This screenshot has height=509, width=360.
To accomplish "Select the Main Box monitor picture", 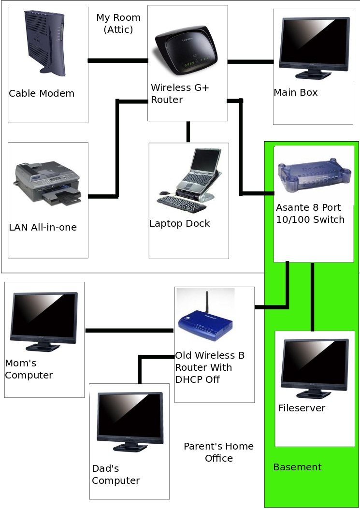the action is pos(315,48).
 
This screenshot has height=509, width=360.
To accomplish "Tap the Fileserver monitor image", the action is pos(316,369).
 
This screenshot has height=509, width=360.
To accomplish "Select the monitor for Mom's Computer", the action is pos(44,322).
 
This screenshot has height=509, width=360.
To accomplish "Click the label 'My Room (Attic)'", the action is pos(118,23).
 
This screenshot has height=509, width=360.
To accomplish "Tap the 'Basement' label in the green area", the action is pos(297,467).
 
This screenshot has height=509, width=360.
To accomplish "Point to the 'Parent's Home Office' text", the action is pos(219,452).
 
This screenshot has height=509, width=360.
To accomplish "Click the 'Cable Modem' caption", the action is pos(42,93).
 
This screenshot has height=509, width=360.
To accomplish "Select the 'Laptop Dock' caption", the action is pos(179,223).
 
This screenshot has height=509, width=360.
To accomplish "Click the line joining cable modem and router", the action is pos(118,61).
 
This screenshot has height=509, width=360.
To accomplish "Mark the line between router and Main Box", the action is pos(251,62).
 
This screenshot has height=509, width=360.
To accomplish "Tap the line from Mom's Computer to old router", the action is pos(130,331).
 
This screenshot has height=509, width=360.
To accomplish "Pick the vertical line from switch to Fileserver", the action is pos(312,297).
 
